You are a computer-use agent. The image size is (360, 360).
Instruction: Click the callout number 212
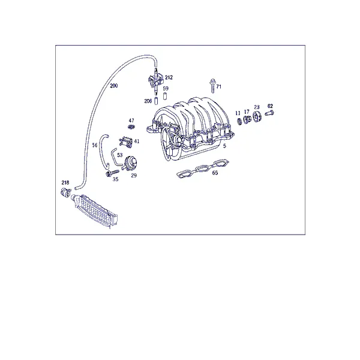[169, 77]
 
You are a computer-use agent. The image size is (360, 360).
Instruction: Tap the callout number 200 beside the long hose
[114, 86]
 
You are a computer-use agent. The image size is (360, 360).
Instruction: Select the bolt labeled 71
[212, 86]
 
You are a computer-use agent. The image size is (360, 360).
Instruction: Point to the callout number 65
[215, 173]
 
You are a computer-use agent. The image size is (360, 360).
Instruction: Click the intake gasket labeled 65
[203, 169]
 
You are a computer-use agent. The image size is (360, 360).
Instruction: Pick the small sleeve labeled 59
[164, 96]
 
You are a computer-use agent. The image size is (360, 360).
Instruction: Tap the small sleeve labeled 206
[156, 101]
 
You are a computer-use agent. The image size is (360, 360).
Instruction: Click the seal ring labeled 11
[239, 121]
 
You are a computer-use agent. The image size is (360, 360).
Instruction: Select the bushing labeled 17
[247, 119]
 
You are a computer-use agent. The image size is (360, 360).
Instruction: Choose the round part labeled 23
[257, 116]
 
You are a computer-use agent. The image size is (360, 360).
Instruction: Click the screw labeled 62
[269, 113]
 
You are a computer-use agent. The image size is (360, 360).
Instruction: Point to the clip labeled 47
[131, 126]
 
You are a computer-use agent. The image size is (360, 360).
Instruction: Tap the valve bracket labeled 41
[125, 141]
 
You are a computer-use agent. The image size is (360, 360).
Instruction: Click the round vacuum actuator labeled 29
[130, 163]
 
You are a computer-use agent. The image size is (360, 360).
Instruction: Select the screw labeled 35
[112, 173]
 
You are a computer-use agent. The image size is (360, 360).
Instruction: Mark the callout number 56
[95, 145]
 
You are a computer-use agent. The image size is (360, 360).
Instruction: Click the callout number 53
[119, 155]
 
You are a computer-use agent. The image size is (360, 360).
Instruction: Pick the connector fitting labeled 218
[65, 192]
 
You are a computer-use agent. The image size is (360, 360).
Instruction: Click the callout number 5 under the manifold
[224, 146]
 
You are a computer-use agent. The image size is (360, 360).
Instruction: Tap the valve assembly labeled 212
[155, 80]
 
